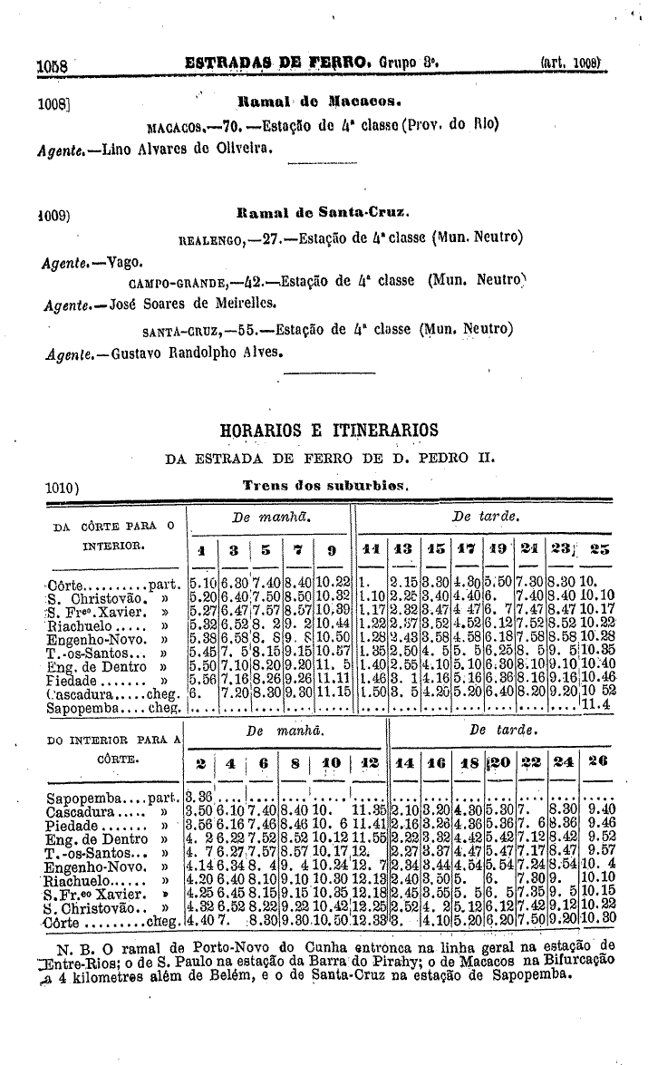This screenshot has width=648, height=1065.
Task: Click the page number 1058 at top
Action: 53,67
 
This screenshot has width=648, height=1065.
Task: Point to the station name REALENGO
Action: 208,239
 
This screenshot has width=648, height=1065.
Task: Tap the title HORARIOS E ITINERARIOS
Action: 329,430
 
